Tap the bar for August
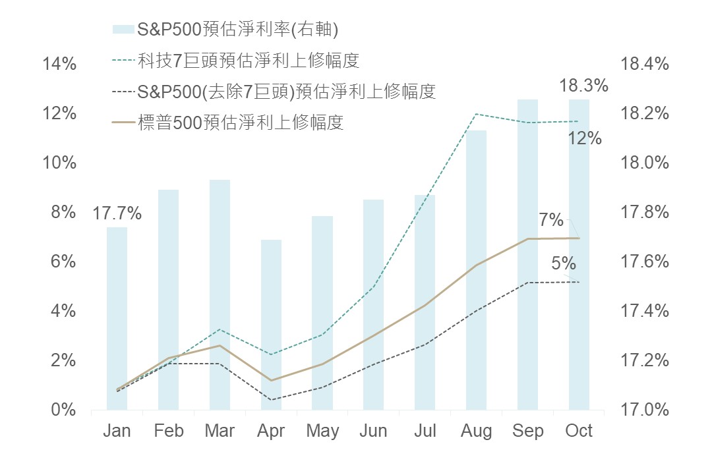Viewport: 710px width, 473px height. click(476, 270)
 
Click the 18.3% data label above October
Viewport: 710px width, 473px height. click(583, 86)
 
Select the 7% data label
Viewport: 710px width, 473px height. click(551, 219)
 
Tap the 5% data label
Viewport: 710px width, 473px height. click(564, 264)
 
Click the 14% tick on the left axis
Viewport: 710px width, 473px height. click(59, 64)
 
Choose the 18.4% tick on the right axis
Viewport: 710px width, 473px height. click(645, 64)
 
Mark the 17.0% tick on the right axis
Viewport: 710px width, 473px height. click(645, 410)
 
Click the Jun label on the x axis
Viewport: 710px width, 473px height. click(373, 431)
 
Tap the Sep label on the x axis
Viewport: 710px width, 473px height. click(527, 431)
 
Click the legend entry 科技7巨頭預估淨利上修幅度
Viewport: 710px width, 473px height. click(249, 61)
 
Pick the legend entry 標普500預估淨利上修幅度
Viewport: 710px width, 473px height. click(241, 123)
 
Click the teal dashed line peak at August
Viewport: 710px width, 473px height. click(476, 114)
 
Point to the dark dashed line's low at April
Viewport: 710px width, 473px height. click(271, 399)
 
